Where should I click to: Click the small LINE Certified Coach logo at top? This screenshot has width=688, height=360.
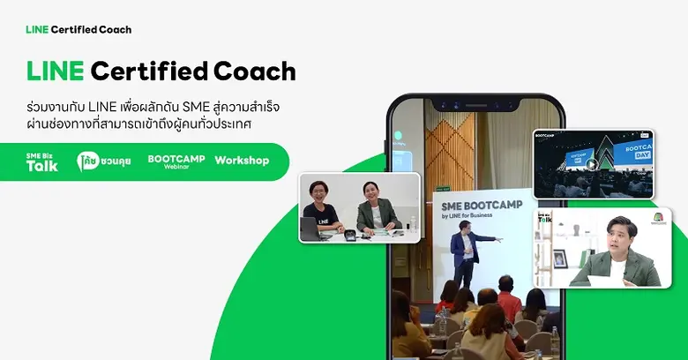(x=79, y=29)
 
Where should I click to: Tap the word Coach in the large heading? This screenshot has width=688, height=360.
(x=257, y=71)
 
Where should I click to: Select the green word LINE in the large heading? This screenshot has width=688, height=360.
(x=56, y=71)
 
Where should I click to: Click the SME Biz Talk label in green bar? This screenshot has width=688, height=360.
(x=41, y=161)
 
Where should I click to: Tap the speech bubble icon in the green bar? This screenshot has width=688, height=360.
(x=86, y=161)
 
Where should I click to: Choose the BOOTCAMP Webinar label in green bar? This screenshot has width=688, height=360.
(x=176, y=161)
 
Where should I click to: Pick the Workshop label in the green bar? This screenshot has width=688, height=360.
(x=242, y=161)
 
